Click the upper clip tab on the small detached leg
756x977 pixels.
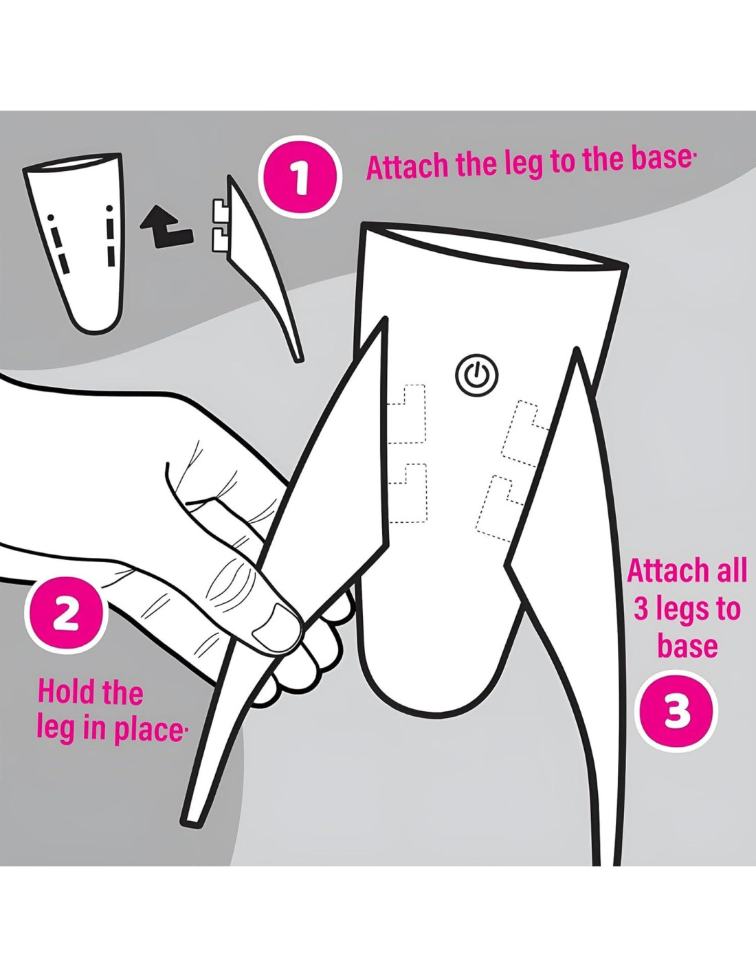[219, 212]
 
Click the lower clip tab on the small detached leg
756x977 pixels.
[219, 239]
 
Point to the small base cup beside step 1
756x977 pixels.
[73, 242]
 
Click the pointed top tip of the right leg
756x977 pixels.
[575, 352]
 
